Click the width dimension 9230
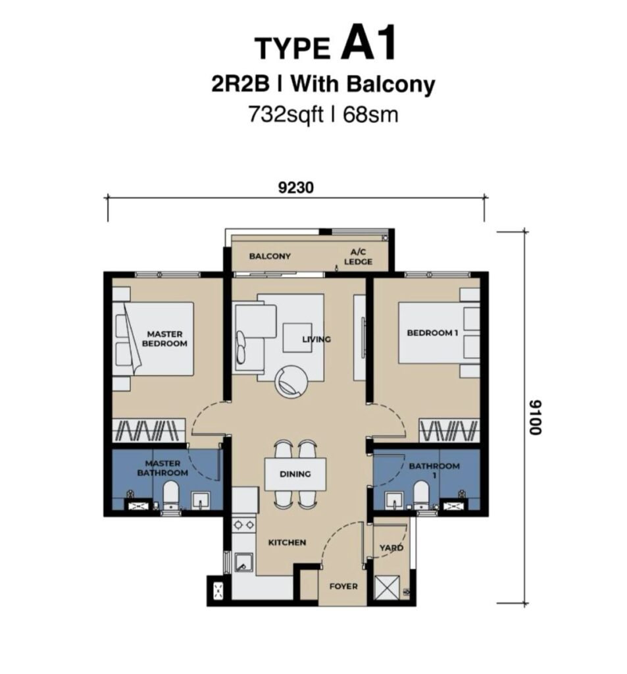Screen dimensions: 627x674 pos(295,188)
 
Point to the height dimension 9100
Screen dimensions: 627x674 pos(535,417)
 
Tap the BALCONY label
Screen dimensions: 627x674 pos(270,256)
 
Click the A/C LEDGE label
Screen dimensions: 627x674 pos(358,257)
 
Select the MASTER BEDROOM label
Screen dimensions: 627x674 pos(164,339)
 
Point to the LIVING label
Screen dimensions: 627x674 pos(316,339)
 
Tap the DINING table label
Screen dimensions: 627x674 pos(295,474)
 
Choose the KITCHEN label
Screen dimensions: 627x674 pos(287,542)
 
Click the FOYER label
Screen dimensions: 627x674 pos(343,586)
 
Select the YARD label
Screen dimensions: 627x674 pos(391,548)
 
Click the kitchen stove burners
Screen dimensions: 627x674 pos(243,525)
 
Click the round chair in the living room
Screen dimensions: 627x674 pos(291,382)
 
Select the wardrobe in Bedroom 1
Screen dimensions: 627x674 pos(449,430)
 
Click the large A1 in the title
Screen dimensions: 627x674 pos(368,43)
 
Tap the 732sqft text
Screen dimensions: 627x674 pos(286,115)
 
